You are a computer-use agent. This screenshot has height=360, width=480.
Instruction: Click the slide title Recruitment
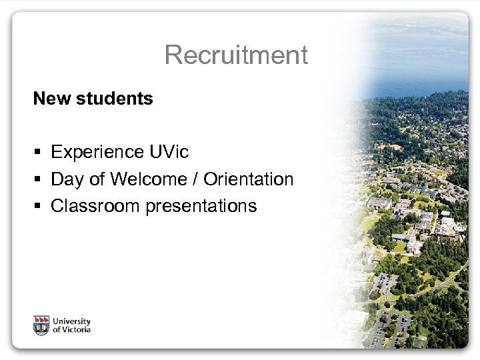pos(236,55)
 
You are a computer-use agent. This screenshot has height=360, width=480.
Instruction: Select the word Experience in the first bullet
pos(96,153)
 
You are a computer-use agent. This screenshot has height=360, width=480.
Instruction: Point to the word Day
pos(66,180)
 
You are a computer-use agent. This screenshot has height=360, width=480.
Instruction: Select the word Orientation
pos(248,179)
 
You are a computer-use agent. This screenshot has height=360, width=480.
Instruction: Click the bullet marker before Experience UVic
pos(39,153)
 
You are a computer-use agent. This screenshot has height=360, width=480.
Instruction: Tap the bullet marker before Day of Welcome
pos(39,180)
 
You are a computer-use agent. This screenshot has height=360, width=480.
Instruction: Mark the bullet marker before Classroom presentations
pos(39,207)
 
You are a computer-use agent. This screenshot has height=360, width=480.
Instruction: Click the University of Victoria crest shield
pos(41,325)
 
